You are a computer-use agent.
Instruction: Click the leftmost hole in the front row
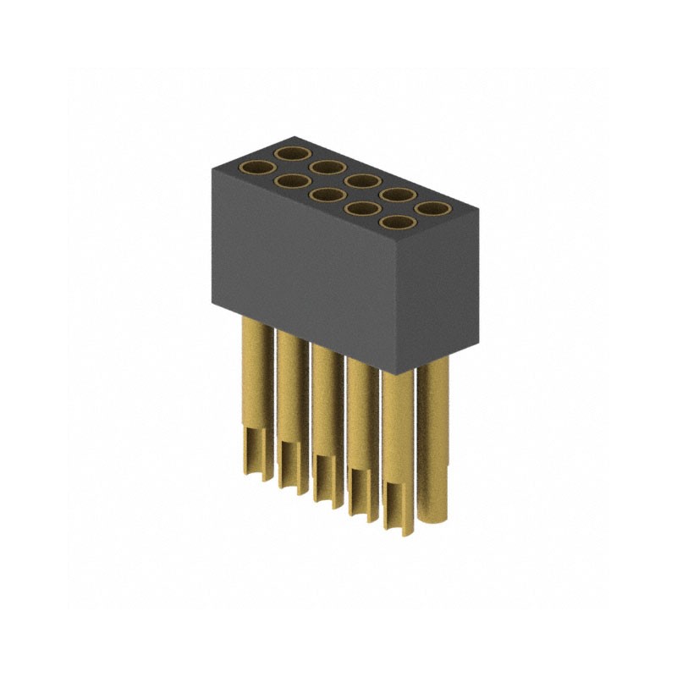(x=256, y=168)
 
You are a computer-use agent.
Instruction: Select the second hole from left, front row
(x=290, y=180)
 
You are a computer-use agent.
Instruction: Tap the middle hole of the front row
(x=325, y=195)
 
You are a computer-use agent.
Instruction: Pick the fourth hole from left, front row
(x=361, y=209)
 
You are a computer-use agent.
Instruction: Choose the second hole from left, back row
(x=327, y=167)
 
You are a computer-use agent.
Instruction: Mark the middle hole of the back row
(x=361, y=180)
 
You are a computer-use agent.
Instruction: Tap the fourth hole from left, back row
(x=397, y=195)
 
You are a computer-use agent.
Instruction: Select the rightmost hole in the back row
(x=432, y=208)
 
